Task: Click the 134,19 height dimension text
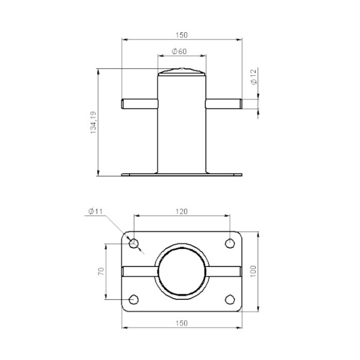point(93,122)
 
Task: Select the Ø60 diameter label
point(179,51)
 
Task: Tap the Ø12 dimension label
point(253,77)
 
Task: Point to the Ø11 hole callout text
point(95,211)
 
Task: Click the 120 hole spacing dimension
point(182,211)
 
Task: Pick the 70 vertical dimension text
point(101,271)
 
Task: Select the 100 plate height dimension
point(253,271)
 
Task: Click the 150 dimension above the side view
point(182,35)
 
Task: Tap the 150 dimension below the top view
point(182,323)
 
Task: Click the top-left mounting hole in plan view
point(134,243)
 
